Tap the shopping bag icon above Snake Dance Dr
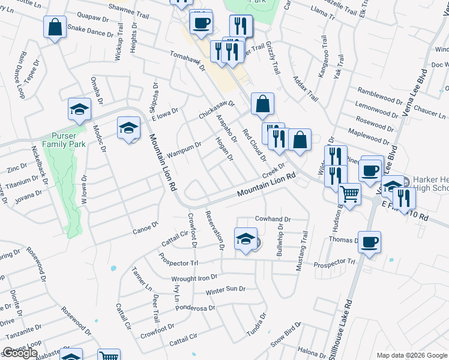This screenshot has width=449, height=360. (55, 27)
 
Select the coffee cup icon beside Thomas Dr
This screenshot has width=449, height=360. (370, 242)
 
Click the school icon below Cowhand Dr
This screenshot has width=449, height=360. (246, 239)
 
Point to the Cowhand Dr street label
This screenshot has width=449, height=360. (273, 220)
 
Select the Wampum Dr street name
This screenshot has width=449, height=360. (184, 148)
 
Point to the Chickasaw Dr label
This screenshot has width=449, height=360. (216, 109)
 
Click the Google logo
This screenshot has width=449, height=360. (20, 353)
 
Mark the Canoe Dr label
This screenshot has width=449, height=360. (145, 226)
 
